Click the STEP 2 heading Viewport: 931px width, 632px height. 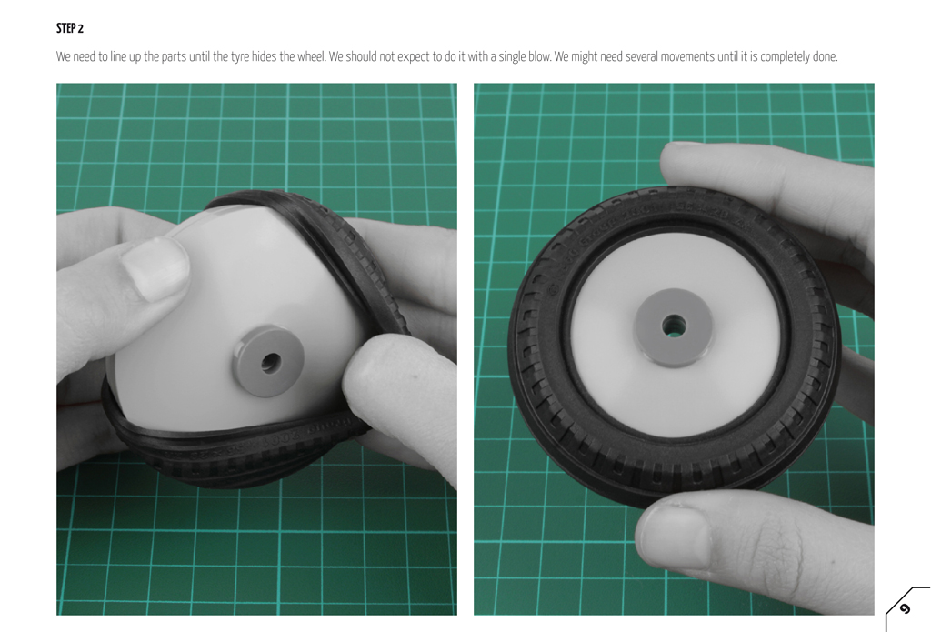coord(70,28)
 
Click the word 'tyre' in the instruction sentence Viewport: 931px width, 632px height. coord(240,57)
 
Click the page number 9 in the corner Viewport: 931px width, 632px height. coord(905,608)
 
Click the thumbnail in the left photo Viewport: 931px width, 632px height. coord(154,268)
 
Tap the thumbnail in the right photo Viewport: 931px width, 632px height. coord(676,535)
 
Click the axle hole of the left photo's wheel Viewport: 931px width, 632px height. coord(271,362)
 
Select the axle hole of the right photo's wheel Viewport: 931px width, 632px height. coord(674,326)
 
